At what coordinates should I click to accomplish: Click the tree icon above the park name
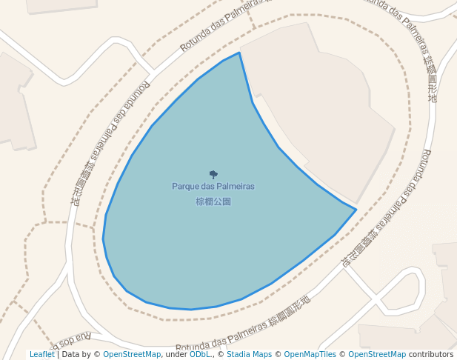tap(214, 175)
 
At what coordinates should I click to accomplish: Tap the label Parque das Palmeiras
tap(213, 187)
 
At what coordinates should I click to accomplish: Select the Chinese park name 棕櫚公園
tap(213, 201)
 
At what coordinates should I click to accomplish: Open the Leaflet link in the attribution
tap(41, 355)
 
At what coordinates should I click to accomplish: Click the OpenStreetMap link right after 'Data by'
tap(132, 355)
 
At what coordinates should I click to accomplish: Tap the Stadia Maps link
tap(249, 355)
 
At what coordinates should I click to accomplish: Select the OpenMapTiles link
tap(310, 355)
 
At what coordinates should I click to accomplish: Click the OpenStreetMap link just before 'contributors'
tap(377, 355)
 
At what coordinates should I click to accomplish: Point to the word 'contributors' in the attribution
tap(431, 355)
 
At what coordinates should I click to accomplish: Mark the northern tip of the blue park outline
tap(239, 53)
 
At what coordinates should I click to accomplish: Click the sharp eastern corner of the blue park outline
tap(356, 210)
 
